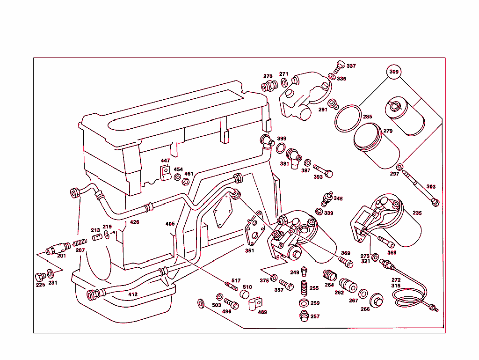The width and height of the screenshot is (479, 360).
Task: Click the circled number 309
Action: click(394, 72)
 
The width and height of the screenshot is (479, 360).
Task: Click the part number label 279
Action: click(388, 131)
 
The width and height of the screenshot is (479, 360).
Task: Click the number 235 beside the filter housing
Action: click(417, 213)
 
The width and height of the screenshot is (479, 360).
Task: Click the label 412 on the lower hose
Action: click(133, 294)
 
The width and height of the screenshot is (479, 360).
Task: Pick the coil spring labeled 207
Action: click(80, 243)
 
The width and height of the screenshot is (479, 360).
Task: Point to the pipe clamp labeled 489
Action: click(255, 304)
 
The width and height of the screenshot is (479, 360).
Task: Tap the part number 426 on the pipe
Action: click(135, 222)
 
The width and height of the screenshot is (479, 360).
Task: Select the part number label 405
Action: click(170, 224)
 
